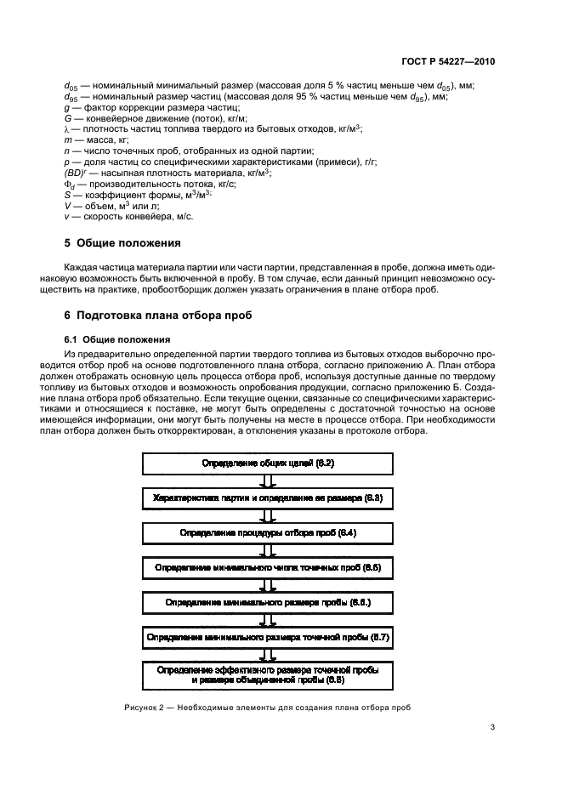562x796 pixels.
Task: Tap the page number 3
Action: tap(493, 726)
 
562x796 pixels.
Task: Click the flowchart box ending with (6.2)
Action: tap(268, 463)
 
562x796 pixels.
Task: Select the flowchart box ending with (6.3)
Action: tap(268, 497)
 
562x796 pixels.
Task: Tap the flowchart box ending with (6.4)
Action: tap(268, 532)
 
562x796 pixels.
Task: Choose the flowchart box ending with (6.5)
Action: tap(268, 567)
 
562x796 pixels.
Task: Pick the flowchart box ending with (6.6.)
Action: tap(268, 602)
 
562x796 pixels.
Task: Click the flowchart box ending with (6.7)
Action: tap(268, 637)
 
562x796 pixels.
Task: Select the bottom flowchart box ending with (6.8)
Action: tap(268, 676)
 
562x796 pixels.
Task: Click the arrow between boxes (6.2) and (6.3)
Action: tap(268, 480)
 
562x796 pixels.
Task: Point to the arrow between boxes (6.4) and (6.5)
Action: tap(268, 550)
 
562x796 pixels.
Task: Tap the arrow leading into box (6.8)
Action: tap(268, 655)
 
